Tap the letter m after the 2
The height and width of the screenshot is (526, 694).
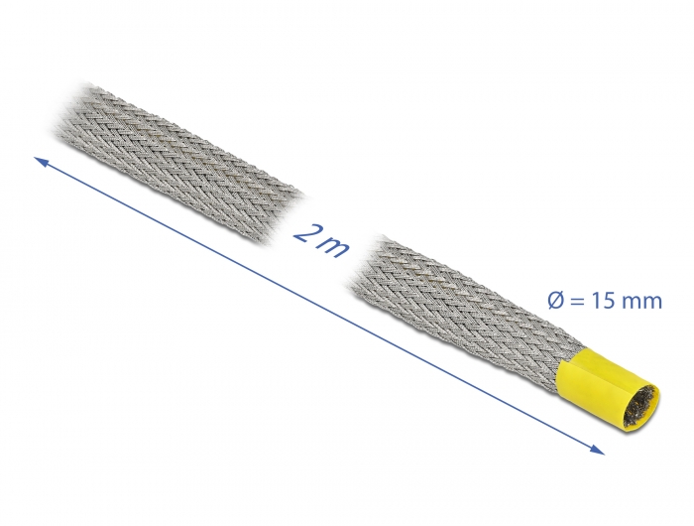pos(333,245)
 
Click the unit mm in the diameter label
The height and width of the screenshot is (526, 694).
pos(642,301)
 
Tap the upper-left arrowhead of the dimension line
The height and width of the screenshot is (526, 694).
pos(41,158)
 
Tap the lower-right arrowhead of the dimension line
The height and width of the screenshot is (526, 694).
pos(599,452)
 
